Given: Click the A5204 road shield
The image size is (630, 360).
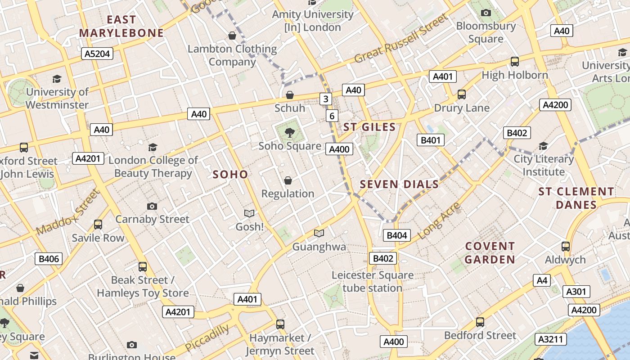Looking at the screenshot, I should coord(97,54).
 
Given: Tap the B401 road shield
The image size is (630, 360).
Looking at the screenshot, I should coord(430,140).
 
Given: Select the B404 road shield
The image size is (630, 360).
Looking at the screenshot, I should coord(397,235).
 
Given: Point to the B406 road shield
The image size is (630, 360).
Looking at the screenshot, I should coord(49,259).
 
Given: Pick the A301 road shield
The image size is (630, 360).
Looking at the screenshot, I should coord(576,292).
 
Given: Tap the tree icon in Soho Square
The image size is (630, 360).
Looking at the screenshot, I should coord(290,132).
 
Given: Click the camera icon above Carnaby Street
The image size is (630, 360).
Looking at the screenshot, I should coord(152,206).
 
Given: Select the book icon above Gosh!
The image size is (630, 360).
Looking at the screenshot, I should coord(249,213).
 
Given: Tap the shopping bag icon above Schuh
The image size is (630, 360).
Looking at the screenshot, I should coord(290,95).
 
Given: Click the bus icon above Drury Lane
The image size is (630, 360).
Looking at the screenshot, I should coord(462,94).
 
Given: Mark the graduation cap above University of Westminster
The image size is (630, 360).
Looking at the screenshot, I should coord(57,79).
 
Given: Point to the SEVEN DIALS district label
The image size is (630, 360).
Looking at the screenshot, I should coord(399,184).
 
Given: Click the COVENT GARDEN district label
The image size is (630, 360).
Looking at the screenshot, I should coord(490,253).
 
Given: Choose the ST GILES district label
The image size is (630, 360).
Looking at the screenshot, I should coord(369,127).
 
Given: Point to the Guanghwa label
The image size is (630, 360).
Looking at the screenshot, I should coord(319,247).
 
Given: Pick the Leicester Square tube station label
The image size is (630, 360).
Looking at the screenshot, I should coord(373,281).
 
